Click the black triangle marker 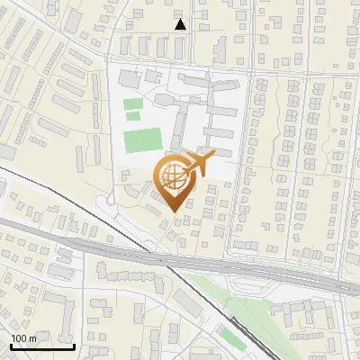[x=181, y=24]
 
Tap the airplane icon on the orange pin [x=197, y=164]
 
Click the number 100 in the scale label [x=19, y=338]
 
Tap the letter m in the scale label [x=32, y=338]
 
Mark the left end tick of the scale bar [x=10, y=346]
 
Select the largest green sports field [x=141, y=140]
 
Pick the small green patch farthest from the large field [x=132, y=103]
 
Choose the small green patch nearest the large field [x=133, y=116]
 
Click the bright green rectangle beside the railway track [x=232, y=339]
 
